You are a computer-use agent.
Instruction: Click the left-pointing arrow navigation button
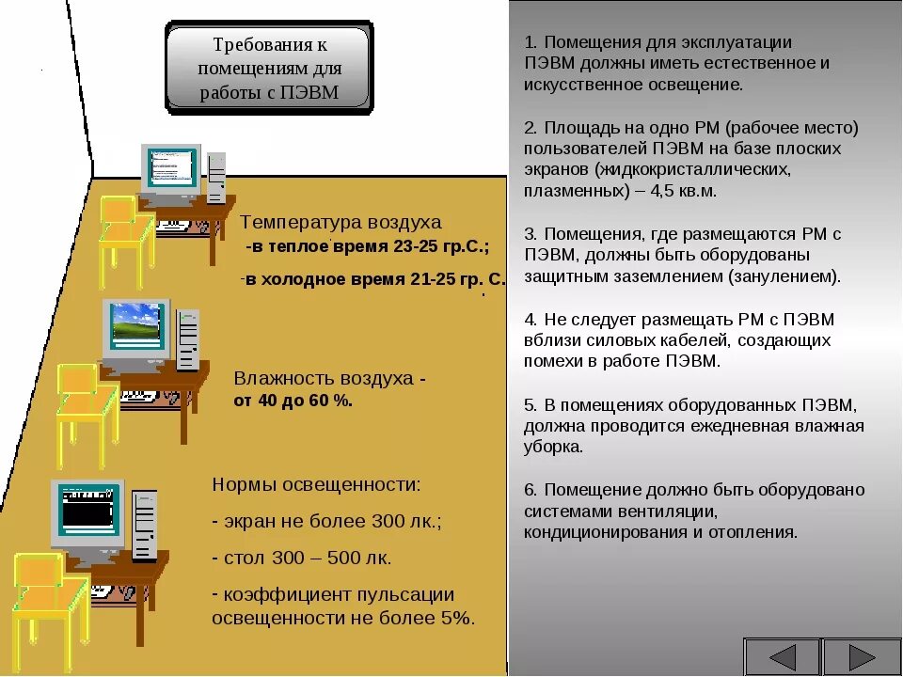(782, 657)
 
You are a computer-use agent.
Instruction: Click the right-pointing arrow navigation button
(862, 657)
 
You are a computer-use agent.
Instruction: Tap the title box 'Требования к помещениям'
(269, 69)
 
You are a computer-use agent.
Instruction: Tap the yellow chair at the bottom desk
(47, 592)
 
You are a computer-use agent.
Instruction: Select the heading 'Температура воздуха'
(341, 223)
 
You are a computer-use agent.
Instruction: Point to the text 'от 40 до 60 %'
(293, 401)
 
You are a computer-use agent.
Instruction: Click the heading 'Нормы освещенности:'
(317, 485)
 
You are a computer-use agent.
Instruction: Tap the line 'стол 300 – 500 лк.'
(308, 559)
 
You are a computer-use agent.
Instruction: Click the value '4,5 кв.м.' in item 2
(685, 191)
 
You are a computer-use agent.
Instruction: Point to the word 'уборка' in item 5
(554, 448)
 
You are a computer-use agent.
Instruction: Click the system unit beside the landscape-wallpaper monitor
(188, 338)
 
